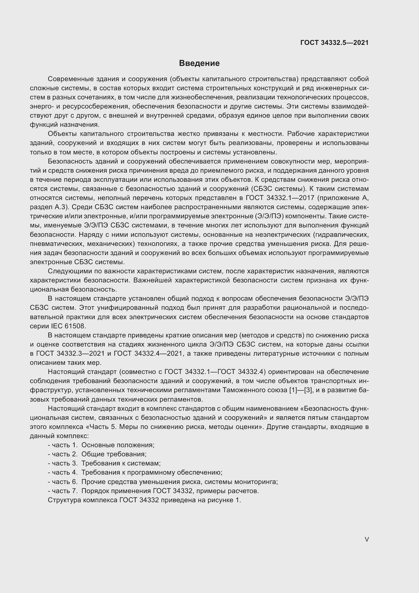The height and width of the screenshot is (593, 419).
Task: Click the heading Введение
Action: [x=199, y=63]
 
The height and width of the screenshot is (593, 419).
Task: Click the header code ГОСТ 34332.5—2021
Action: [x=334, y=43]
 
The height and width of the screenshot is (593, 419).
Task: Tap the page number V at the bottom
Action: [x=367, y=539]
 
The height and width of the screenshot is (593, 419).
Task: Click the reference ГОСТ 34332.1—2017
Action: [x=280, y=198]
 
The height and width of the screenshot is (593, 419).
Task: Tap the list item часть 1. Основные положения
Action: [x=101, y=445]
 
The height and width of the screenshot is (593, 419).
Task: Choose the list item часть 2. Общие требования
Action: [x=97, y=454]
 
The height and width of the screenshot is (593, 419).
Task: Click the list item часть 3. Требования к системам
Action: [x=104, y=463]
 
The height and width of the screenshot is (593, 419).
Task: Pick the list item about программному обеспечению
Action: [x=135, y=472]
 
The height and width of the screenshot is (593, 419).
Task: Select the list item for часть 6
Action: [x=163, y=482]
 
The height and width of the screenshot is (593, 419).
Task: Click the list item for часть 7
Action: [x=153, y=491]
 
